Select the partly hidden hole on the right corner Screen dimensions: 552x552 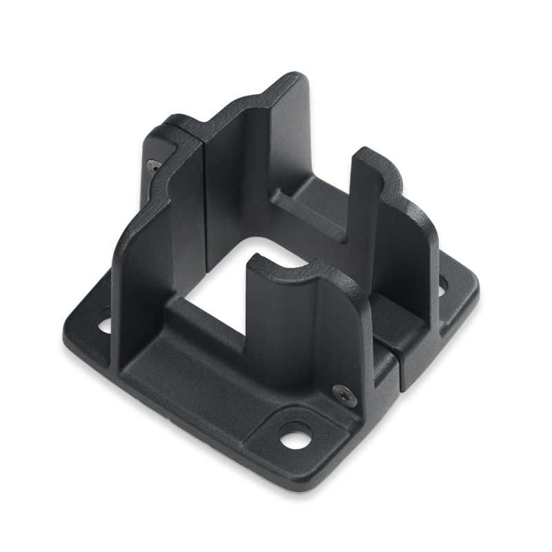click(x=441, y=282)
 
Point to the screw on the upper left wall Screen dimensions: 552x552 click(x=152, y=165)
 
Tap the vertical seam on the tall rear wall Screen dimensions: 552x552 click(x=206, y=186)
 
